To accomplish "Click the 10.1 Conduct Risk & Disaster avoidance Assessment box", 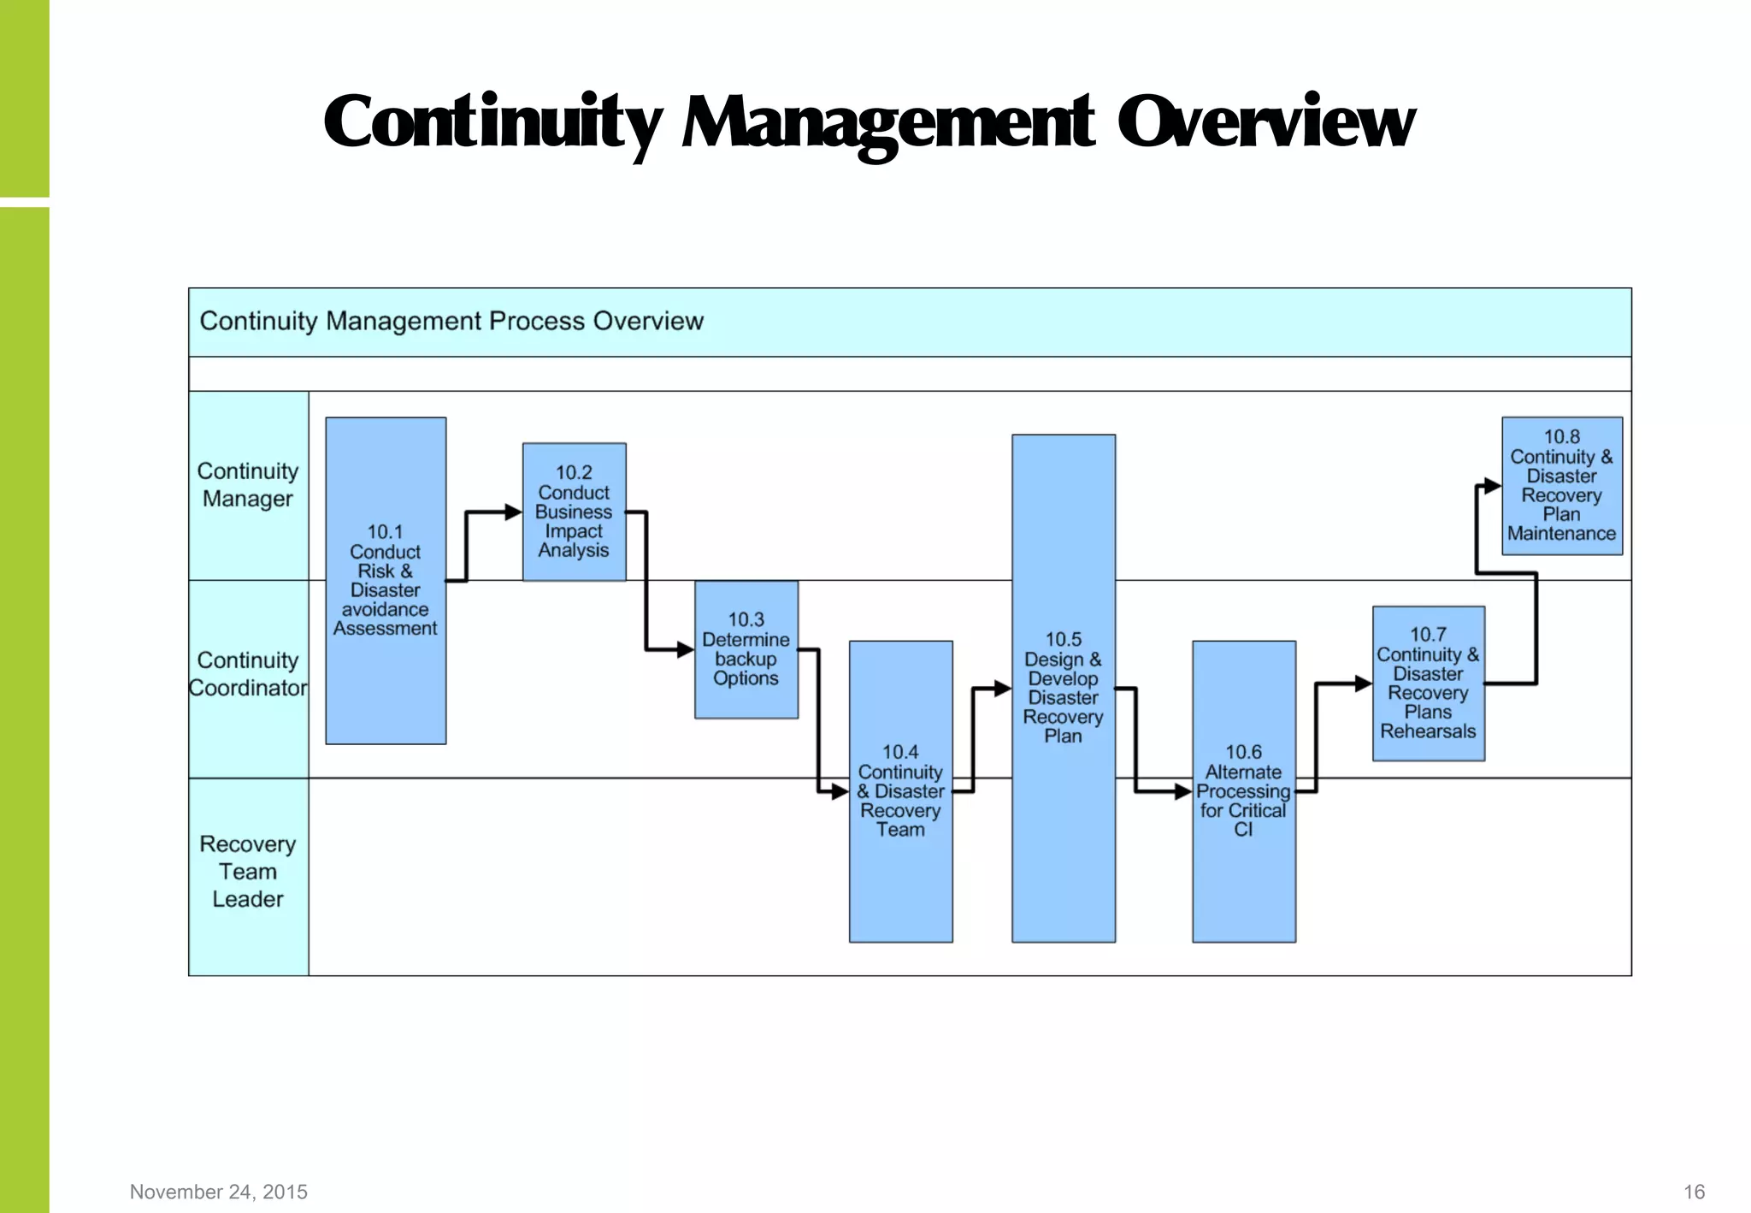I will click(386, 580).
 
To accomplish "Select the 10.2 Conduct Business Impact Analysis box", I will click(574, 512).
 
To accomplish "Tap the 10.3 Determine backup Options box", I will click(746, 649).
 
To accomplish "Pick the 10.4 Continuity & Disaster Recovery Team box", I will click(900, 791).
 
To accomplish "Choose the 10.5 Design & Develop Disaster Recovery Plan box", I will click(1063, 688).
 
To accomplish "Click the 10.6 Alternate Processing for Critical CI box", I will click(1243, 791).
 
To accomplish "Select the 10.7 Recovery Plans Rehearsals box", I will click(1428, 683).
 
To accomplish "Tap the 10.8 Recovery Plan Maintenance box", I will click(1561, 486).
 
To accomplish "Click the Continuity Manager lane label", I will click(248, 485).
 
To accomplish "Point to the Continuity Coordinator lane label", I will click(248, 674).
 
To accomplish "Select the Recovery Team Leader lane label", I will click(248, 872).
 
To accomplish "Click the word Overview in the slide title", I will click(1265, 122).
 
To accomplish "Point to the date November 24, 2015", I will click(219, 1192).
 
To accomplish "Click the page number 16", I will click(1694, 1192).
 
